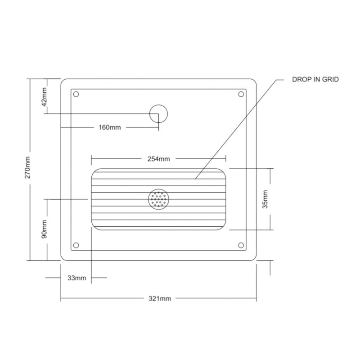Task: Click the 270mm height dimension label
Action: [x=28, y=169]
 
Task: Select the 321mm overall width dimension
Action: [x=162, y=299]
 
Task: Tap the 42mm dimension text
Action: [x=44, y=96]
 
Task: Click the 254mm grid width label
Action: [x=159, y=158]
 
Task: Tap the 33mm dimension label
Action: [x=76, y=278]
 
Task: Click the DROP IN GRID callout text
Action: [x=315, y=79]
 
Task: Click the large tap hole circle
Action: [x=159, y=113]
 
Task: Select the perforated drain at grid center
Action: [x=158, y=199]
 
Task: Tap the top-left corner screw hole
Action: [x=76, y=94]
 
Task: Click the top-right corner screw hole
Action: [x=241, y=94]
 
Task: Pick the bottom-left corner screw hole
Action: [x=76, y=245]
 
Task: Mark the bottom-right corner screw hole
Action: [x=241, y=245]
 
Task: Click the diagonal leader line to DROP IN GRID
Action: [x=234, y=130]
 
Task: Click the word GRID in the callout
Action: [x=330, y=79]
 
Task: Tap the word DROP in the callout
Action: [x=300, y=79]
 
